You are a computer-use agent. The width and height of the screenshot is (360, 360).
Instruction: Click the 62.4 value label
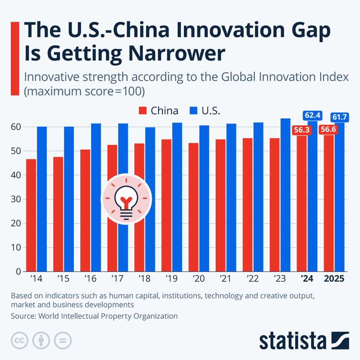coord(312,115)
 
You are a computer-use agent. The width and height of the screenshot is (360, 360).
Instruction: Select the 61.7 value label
coord(340,117)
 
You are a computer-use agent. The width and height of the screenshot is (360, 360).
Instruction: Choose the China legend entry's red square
coord(142,111)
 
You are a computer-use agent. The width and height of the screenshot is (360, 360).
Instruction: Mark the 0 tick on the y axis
coord(18,272)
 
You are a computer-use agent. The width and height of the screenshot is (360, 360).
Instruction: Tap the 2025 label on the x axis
coord(334,278)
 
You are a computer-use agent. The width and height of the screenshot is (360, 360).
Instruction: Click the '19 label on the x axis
coord(171,278)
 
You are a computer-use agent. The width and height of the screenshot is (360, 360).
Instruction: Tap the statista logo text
coord(294,341)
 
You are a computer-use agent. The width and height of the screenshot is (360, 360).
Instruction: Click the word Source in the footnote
coord(24,316)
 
